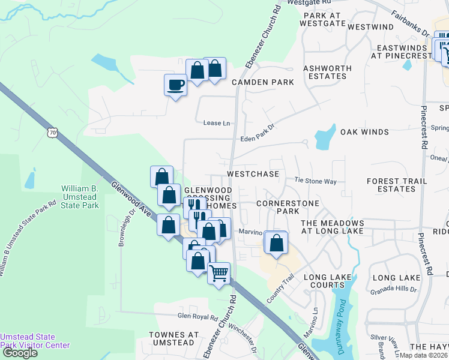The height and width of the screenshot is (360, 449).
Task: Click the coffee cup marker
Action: [175, 85]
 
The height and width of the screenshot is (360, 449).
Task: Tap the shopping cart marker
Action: [219, 273]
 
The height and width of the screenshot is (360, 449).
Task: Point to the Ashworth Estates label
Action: [325, 73]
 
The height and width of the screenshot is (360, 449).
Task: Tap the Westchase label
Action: [253, 174]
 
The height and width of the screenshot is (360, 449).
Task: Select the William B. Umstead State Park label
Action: [80, 197]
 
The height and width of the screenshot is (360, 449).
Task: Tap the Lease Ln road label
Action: [217, 123]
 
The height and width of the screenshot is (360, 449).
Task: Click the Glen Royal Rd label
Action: [197, 316]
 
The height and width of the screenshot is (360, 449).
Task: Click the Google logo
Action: [20, 353]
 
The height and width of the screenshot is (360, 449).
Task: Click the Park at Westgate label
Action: [325, 19]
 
